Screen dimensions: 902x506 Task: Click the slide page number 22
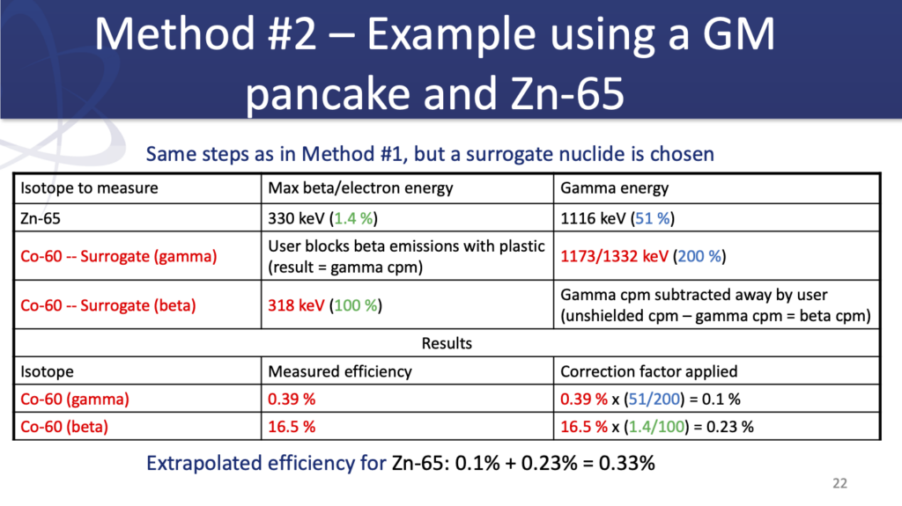click(839, 483)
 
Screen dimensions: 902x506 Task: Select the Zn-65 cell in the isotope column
click(41, 218)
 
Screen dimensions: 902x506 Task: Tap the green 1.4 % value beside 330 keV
click(353, 218)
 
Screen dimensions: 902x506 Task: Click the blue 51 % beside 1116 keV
click(653, 218)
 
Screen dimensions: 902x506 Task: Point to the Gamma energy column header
click(614, 188)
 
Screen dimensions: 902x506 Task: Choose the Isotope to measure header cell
click(89, 188)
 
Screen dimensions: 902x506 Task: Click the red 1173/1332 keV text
click(614, 256)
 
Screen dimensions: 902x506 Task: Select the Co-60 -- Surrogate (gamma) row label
click(119, 256)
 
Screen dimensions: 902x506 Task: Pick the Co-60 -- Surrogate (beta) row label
click(108, 305)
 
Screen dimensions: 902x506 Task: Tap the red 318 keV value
click(296, 305)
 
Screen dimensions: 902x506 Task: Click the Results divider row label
click(447, 343)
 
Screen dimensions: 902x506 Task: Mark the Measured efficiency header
click(340, 371)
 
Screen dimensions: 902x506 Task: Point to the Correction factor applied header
click(649, 371)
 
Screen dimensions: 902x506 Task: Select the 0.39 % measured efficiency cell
click(292, 399)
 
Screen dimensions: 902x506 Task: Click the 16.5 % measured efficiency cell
click(292, 427)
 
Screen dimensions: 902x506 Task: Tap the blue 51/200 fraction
click(654, 399)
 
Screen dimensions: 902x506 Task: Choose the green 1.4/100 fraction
click(656, 427)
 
